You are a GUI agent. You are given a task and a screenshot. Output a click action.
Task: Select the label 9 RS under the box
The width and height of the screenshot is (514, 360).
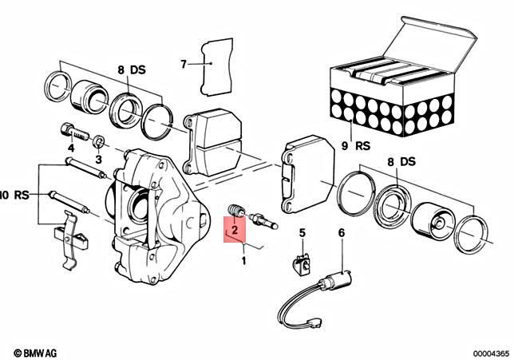click(x=353, y=146)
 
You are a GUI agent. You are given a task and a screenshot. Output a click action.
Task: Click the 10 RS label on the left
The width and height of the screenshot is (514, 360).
click(x=14, y=194)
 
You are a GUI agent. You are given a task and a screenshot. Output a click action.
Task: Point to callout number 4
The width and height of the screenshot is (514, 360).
click(x=71, y=148)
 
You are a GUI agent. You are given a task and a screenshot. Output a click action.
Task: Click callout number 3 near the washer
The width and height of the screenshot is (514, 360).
click(x=98, y=160)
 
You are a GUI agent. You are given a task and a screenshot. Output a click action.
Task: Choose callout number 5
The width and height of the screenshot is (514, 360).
click(x=302, y=232)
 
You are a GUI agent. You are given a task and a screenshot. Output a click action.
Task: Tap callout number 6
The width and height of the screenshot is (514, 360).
click(x=341, y=232)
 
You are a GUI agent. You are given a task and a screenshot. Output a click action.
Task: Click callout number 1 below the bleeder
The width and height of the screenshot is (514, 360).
click(x=244, y=260)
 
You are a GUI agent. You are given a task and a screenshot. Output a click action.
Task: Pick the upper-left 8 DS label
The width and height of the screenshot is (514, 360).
click(x=128, y=69)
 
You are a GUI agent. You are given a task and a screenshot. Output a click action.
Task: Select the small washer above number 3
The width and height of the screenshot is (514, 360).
click(x=99, y=142)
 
